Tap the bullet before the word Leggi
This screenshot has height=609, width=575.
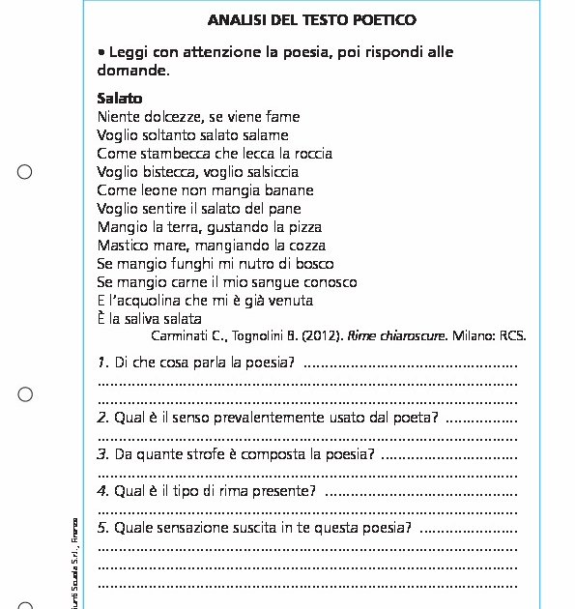tap(101, 52)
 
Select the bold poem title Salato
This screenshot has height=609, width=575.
tap(120, 99)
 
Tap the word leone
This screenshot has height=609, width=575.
tap(160, 190)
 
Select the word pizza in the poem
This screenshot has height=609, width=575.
tap(302, 227)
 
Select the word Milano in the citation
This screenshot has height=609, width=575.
tap(474, 336)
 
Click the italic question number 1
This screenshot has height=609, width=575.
tap(102, 363)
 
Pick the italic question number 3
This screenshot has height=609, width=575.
tap(102, 454)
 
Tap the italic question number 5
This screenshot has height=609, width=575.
tap(102, 528)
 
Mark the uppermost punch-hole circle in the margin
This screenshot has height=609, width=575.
tap(25, 172)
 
